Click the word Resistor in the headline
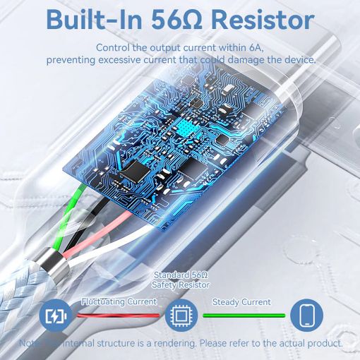263,20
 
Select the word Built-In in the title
94,20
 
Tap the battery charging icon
56,316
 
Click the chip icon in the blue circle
181,316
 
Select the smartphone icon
307,316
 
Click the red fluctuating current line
119,316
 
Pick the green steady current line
244,316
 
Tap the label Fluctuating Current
119,301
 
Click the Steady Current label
241,302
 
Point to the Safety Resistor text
181,285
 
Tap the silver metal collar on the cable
54,262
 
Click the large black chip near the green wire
135,172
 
